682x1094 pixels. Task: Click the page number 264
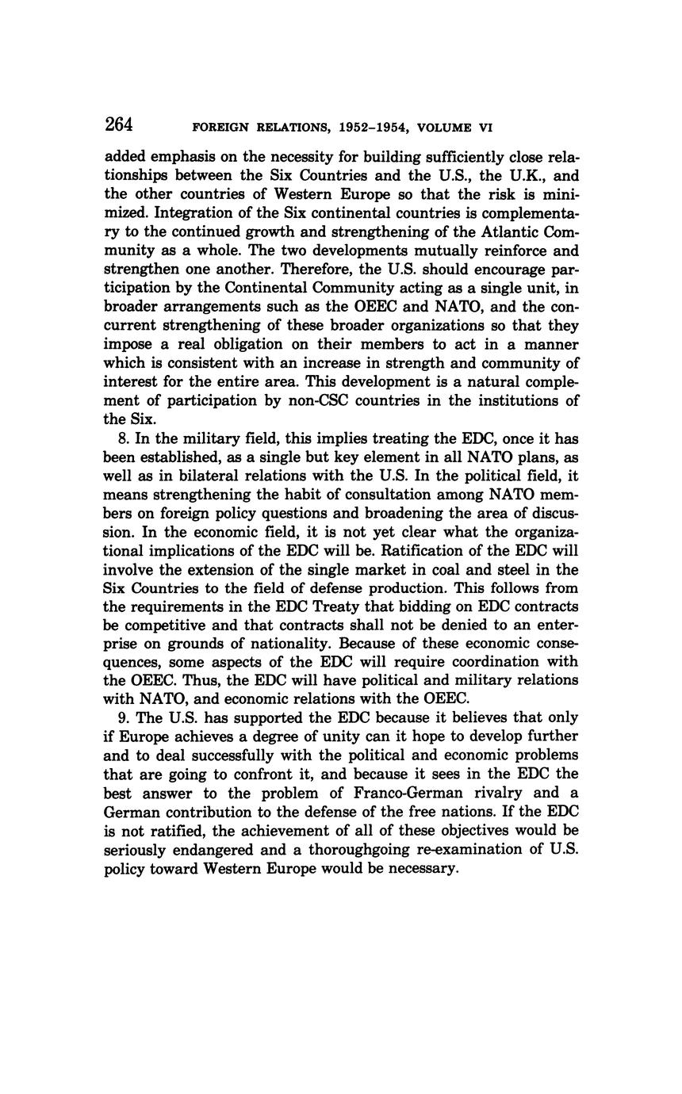pyautogui.click(x=118, y=125)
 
